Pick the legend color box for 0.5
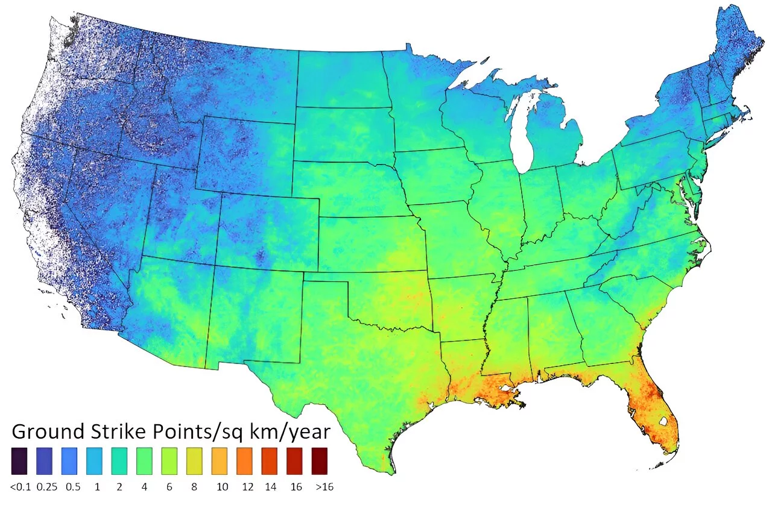click(x=71, y=461)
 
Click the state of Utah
click(x=181, y=217)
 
